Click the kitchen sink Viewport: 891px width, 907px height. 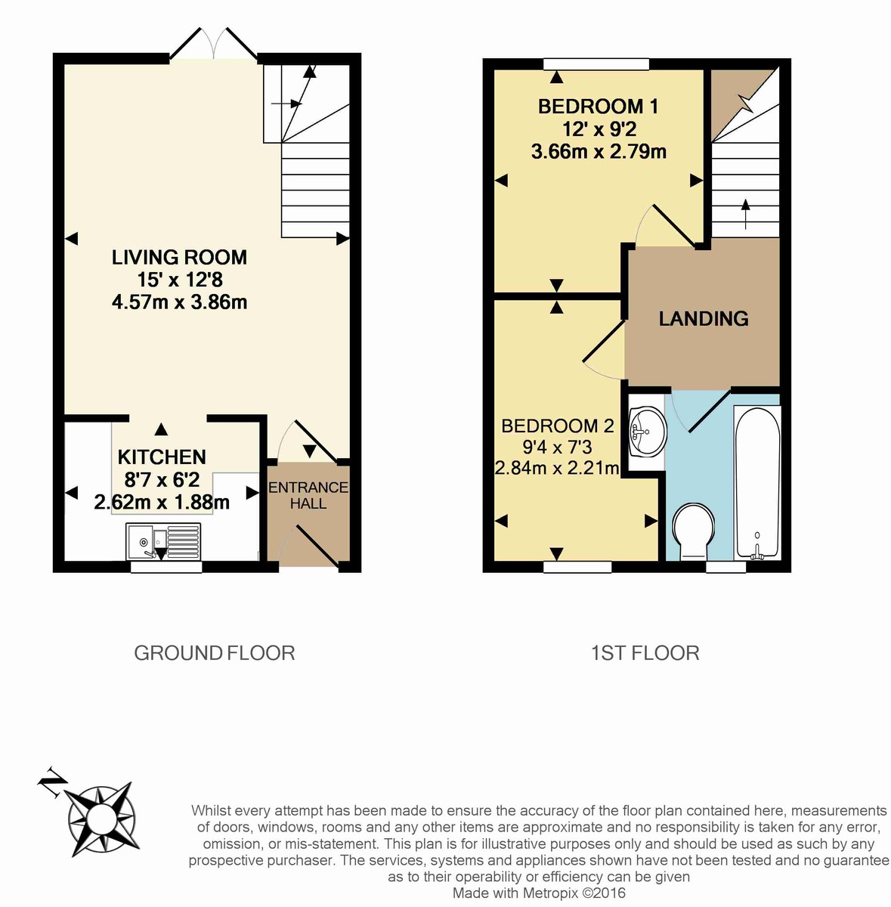coord(164,543)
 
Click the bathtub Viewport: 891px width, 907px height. coord(757,482)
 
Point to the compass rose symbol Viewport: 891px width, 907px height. coord(101,819)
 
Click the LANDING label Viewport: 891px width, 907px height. coord(703,319)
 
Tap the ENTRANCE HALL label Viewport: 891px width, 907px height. coord(308,495)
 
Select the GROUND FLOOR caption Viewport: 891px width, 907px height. coord(214,653)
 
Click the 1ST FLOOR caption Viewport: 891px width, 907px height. coord(645,653)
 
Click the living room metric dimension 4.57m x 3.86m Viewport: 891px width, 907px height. coord(180,302)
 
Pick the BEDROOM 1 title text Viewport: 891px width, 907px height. coord(598,107)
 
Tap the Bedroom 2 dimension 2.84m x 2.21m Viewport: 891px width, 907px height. coord(557,468)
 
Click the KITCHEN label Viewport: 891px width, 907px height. coord(162,457)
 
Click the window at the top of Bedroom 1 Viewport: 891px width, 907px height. coord(596,64)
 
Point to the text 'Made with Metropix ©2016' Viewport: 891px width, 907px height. coord(539,893)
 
